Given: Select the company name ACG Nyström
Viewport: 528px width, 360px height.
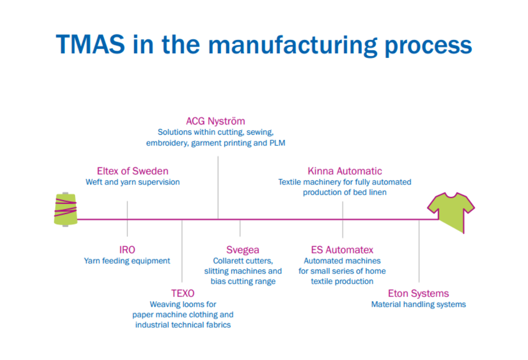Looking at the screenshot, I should click(215, 121).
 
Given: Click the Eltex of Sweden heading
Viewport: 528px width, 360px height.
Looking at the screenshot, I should click(133, 171).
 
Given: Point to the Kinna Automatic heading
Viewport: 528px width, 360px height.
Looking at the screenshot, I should click(345, 171).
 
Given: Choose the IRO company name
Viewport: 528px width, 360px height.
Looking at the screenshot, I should click(127, 250).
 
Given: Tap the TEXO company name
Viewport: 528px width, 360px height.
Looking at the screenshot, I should click(183, 293).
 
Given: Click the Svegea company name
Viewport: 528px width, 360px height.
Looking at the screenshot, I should click(243, 250).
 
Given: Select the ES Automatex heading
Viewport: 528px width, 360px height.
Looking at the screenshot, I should click(342, 250).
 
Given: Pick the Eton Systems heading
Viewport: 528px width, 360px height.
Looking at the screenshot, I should click(419, 293).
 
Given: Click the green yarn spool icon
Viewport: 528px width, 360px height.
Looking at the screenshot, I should click(65, 209).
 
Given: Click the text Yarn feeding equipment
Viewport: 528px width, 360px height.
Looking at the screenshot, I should click(127, 261).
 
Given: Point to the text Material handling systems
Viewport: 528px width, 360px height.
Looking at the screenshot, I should click(419, 305).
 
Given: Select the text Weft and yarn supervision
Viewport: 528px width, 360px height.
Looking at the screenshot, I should click(133, 182).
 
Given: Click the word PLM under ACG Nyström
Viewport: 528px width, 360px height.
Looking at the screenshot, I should click(277, 143).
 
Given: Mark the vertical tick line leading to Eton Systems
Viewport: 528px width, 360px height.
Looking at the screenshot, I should click(419, 251).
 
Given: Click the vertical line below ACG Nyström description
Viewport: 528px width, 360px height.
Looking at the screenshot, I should click(218, 187).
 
